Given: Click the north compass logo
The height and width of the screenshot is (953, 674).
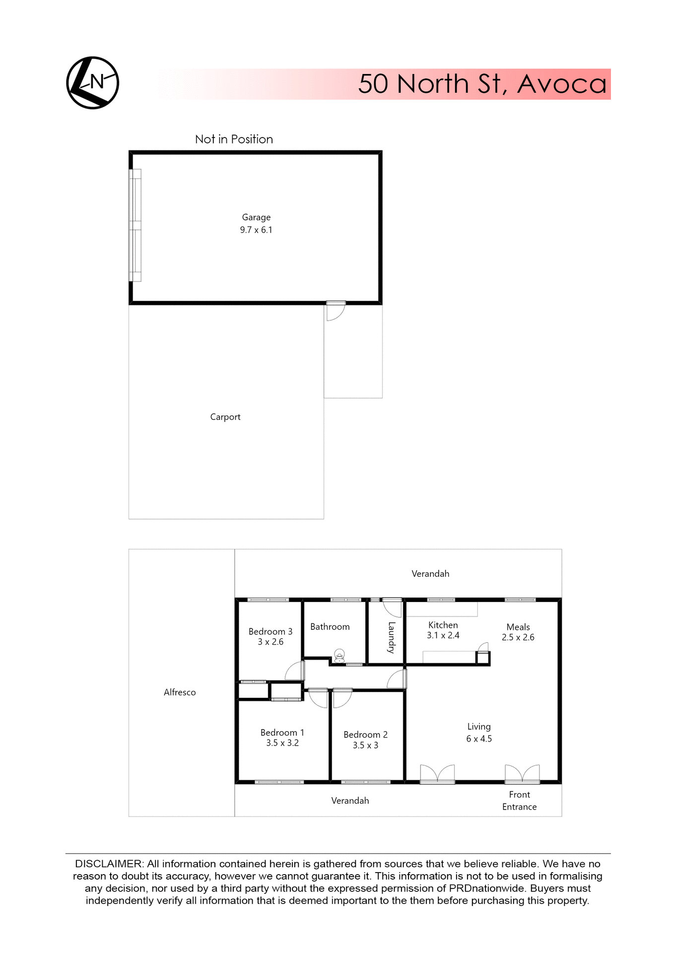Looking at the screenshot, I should (93, 83).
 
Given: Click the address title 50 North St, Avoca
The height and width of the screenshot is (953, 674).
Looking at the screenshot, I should (482, 84).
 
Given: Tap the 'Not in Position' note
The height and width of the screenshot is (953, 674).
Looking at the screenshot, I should (234, 139).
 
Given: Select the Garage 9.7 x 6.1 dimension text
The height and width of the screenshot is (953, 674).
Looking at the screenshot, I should (256, 230).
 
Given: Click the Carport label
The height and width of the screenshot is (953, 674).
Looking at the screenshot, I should (225, 417).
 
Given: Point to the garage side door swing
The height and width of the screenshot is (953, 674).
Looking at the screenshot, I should (335, 312).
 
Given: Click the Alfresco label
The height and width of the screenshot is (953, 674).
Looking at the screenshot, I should (180, 692).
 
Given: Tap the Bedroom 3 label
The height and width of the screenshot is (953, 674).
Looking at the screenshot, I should (270, 632).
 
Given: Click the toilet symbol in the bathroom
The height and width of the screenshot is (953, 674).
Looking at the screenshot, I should (339, 657).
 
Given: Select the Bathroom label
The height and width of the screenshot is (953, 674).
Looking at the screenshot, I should (330, 627).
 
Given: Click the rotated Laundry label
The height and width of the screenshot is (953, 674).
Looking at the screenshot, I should (392, 637).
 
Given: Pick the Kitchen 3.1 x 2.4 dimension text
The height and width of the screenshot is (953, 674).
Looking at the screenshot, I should (443, 635).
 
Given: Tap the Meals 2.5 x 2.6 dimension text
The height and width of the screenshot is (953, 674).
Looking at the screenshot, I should (518, 637).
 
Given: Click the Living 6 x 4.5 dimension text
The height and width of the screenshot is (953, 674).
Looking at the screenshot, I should (479, 739).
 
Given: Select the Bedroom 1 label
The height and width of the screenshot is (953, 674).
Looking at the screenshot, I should (282, 733).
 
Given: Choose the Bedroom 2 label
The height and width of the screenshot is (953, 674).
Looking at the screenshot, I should (366, 735).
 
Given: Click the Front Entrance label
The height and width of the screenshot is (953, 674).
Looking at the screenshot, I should (520, 801).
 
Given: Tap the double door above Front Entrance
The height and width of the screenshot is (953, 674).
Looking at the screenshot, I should (522, 774).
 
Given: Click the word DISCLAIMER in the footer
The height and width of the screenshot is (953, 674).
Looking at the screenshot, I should (108, 864).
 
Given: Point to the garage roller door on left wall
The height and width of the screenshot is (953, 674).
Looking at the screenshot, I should (135, 226).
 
